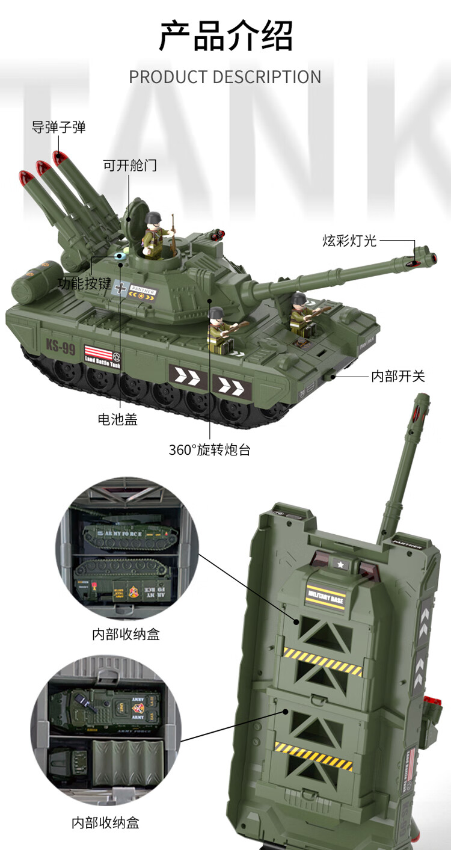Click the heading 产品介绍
(226, 35)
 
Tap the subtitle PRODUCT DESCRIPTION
(226, 77)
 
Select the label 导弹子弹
(58, 127)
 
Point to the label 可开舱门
(129, 165)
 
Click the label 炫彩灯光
(349, 241)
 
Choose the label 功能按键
(84, 283)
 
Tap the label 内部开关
(398, 377)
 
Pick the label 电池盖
(118, 419)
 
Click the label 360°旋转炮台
(209, 449)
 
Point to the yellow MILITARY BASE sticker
(325, 595)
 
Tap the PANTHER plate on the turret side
(142, 291)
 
